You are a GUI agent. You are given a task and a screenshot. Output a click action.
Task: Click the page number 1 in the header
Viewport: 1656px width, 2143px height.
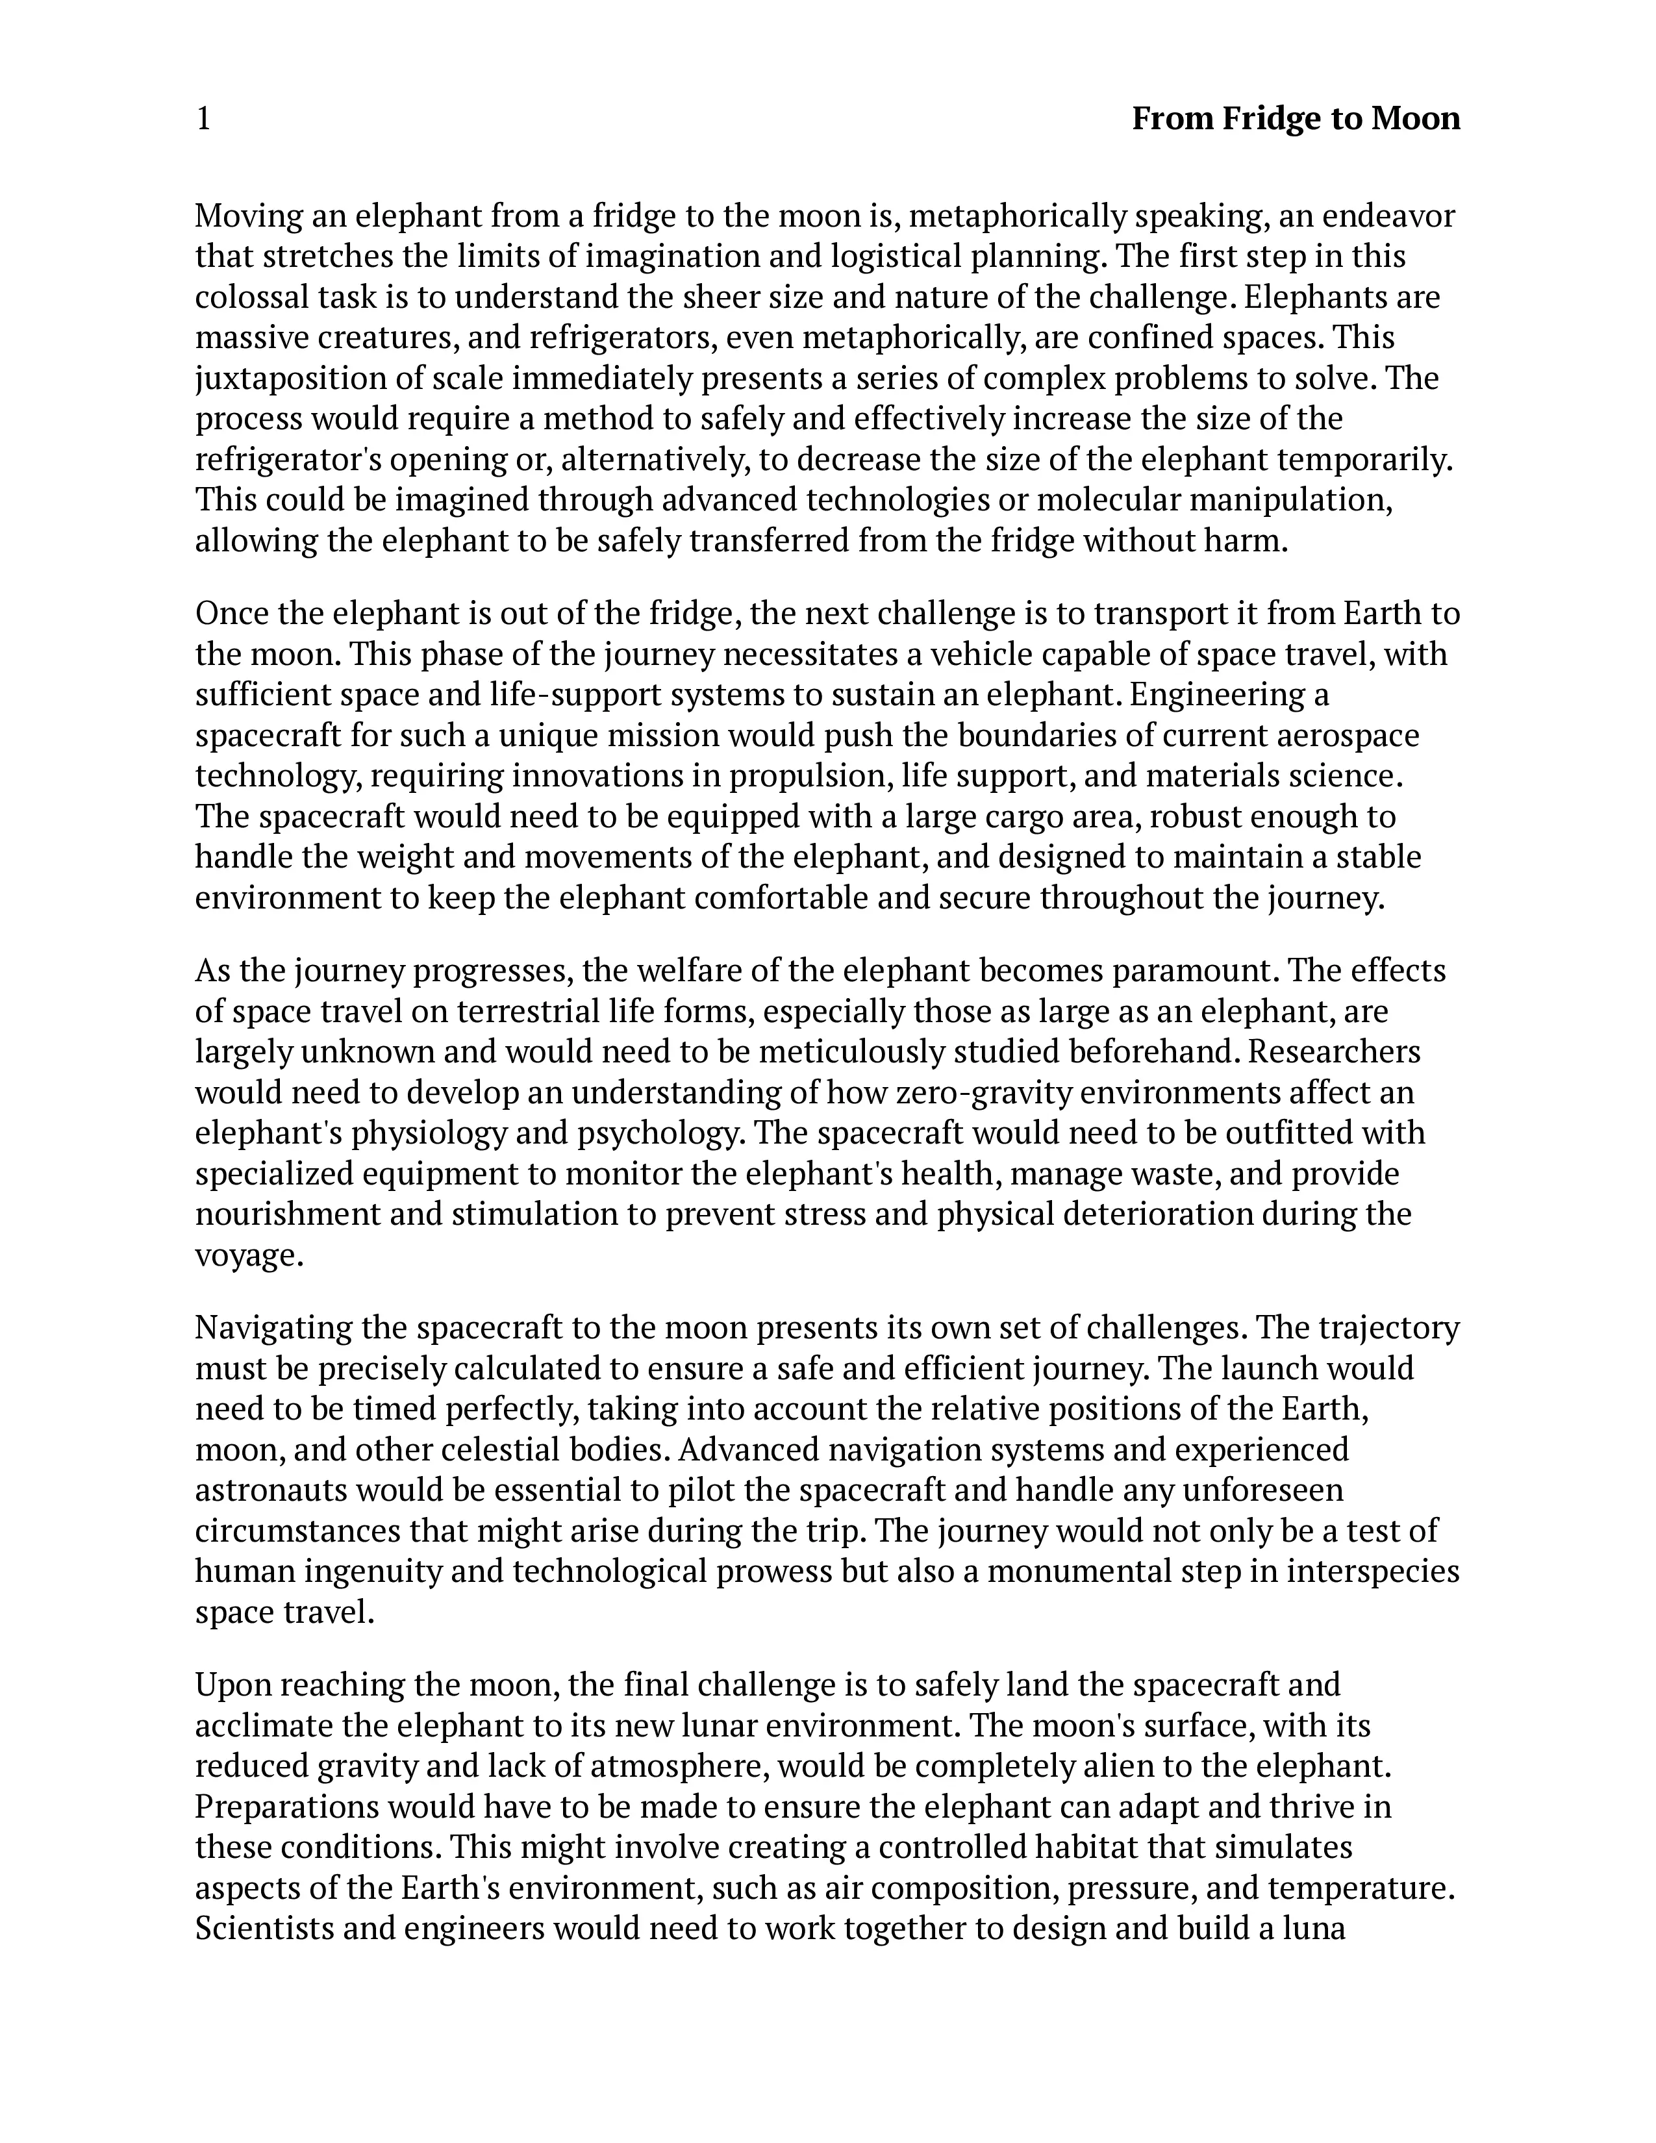coord(203,119)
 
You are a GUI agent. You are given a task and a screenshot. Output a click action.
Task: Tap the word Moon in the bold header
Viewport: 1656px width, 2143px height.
coord(1414,119)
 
